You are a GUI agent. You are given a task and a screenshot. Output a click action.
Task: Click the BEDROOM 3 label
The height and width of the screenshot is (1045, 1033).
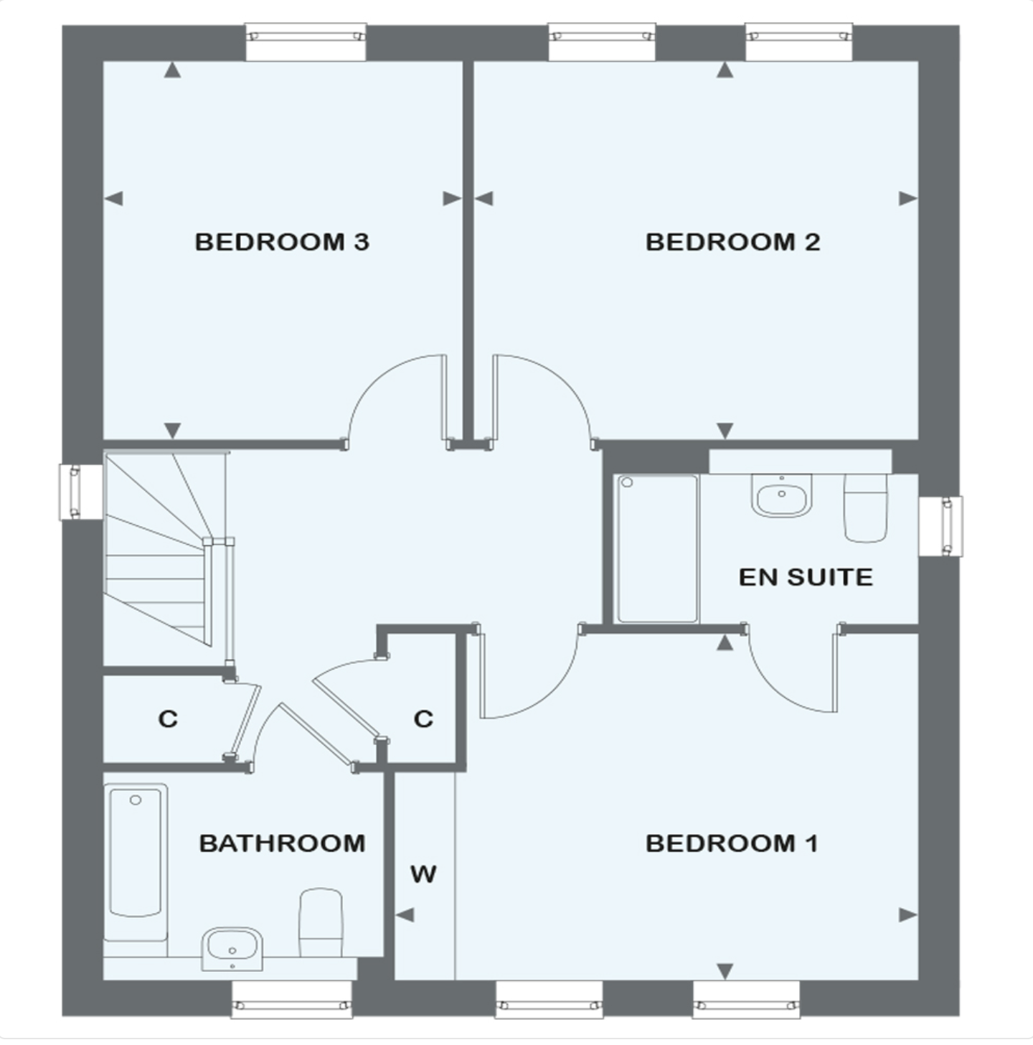282,242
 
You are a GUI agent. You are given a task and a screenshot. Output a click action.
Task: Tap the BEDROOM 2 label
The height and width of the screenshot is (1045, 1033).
732,242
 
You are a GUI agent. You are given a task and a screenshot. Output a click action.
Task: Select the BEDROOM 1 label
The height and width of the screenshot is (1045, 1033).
732,843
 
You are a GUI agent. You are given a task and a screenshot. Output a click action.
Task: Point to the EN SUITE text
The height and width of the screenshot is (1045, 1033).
806,577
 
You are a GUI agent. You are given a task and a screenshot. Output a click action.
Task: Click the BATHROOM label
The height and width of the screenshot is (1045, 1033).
282,843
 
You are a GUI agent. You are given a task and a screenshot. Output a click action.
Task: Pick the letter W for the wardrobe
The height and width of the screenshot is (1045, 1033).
423,873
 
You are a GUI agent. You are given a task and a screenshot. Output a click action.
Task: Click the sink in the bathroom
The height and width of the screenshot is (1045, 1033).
232,947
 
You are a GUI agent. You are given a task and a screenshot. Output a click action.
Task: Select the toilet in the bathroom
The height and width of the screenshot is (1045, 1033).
320,922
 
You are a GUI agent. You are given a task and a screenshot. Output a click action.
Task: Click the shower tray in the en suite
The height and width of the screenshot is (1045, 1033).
656,548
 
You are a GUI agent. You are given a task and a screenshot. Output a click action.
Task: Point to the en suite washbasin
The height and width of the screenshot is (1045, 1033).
781,495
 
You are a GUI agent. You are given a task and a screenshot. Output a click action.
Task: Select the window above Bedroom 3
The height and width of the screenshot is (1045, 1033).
306,42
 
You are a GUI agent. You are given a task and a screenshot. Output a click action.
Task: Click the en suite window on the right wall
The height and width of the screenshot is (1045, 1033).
940,526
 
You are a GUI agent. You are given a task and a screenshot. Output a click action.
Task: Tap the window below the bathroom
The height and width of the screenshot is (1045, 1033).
292,998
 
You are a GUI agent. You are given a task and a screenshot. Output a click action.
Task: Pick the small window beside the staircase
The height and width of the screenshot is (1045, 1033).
80,492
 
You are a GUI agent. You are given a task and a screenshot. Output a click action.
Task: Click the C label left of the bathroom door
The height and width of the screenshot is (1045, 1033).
167,718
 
